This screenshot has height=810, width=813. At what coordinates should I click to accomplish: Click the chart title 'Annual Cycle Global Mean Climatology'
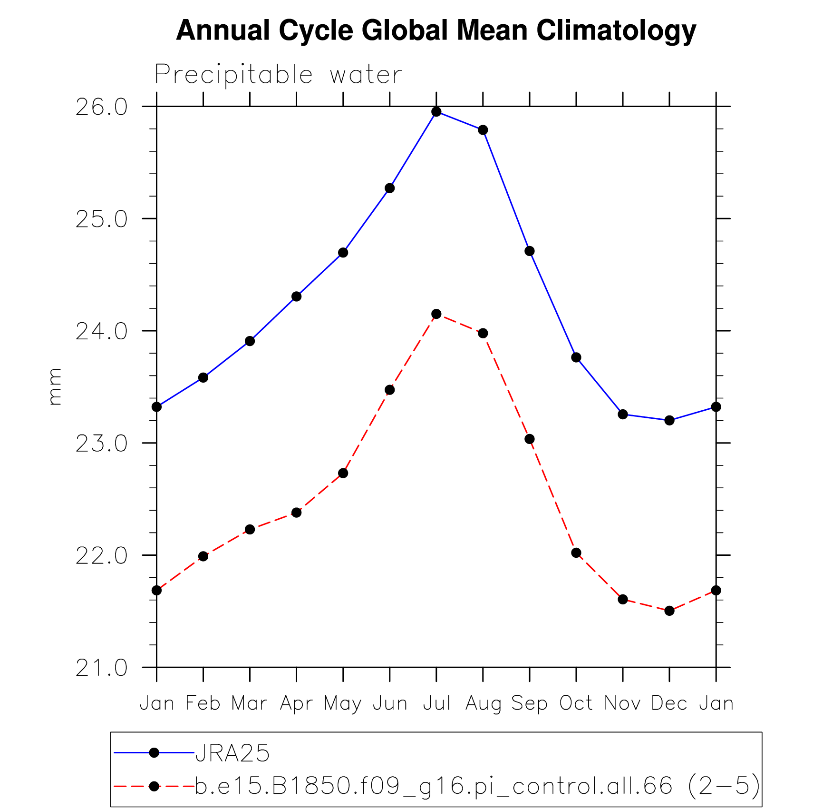tap(436, 30)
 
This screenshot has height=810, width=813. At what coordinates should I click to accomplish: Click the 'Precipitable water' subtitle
tap(278, 75)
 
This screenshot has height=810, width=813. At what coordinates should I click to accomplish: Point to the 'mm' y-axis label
tap(55, 386)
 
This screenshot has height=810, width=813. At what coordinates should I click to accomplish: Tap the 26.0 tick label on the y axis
tap(102, 108)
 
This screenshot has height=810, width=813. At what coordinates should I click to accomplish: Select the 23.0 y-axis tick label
tap(102, 444)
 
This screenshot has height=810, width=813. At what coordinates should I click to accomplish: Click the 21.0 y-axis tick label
tap(102, 668)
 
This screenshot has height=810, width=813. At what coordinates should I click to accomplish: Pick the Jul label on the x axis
tap(436, 703)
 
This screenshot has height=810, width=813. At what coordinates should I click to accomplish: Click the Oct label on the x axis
tap(576, 703)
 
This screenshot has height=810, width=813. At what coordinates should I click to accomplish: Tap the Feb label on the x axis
tap(203, 703)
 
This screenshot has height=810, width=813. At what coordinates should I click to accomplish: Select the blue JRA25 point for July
tap(436, 112)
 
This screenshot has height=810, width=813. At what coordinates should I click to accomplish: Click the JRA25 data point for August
tap(483, 130)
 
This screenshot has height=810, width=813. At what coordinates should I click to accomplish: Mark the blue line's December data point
tap(669, 420)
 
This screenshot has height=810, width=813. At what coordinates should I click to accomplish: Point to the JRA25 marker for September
tap(530, 251)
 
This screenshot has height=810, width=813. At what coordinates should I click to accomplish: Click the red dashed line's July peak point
tap(436, 314)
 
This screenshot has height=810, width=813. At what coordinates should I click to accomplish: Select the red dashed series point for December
tap(669, 611)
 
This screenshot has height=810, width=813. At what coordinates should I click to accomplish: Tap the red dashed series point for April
tap(296, 513)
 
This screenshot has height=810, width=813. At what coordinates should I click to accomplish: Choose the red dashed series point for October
tap(576, 553)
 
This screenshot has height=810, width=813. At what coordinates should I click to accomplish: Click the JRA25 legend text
tap(232, 753)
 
